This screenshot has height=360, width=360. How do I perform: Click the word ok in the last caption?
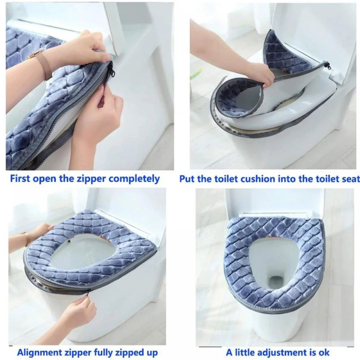[x=323, y=352]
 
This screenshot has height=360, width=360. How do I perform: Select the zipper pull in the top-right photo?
[x=327, y=66]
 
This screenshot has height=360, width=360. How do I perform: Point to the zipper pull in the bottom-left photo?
[x=87, y=292]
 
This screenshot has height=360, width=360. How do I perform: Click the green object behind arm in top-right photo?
[x=196, y=74]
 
